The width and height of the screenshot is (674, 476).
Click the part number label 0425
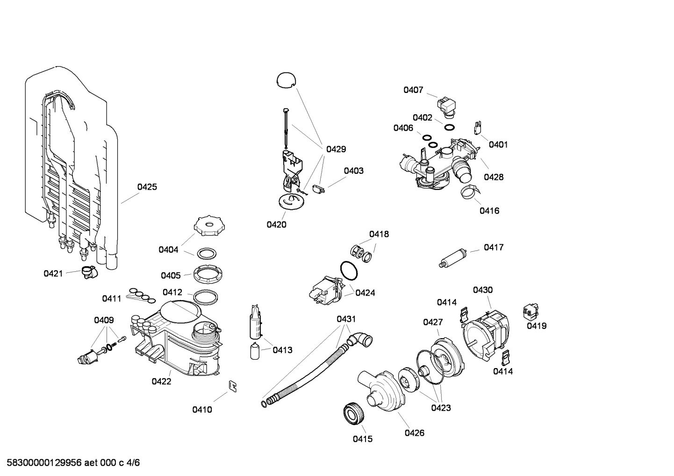click(147, 187)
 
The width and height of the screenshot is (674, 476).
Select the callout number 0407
click(413, 90)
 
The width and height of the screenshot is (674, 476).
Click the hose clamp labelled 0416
click(469, 191)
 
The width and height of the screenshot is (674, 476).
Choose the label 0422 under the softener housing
click(161, 381)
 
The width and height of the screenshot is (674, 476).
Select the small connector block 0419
click(531, 310)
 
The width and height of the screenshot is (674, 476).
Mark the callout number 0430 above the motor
click(482, 290)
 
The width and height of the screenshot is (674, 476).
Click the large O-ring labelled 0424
click(348, 270)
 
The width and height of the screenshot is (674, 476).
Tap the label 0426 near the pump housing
click(414, 433)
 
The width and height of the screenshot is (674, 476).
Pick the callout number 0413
click(282, 350)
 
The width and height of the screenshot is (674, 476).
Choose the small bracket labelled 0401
click(478, 127)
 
